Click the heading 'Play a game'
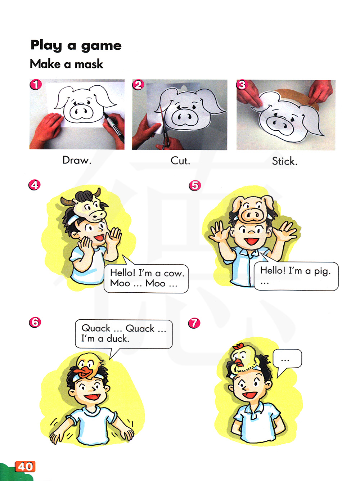(76, 45)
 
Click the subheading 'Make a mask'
(66, 64)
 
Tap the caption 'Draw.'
(77, 160)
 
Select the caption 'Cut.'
(180, 161)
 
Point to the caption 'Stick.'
(285, 161)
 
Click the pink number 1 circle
(36, 85)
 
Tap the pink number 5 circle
(194, 186)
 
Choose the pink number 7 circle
(194, 323)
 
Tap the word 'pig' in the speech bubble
(323, 272)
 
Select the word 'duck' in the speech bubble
(118, 338)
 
